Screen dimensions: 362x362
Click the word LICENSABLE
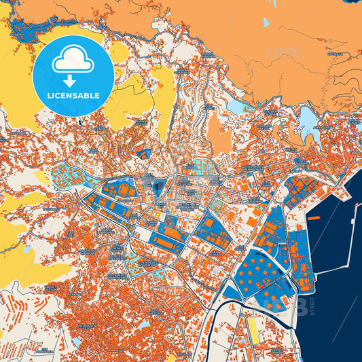pyautogui.click(x=73, y=94)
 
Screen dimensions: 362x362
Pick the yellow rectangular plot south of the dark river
pyautogui.click(x=252, y=329)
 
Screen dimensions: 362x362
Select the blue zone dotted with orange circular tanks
pyautogui.click(x=261, y=272)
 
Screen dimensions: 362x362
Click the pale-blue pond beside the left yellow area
pyautogui.click(x=26, y=250)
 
